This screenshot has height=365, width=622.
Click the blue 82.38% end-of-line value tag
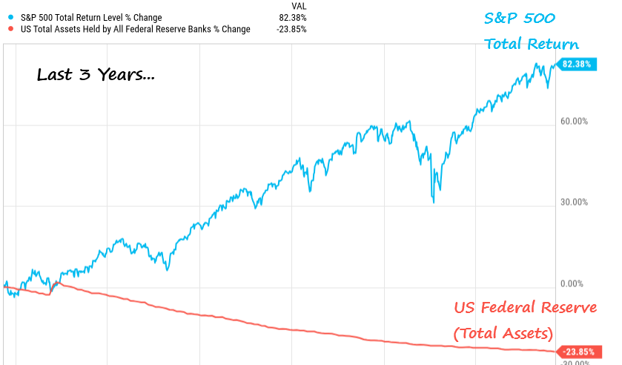[x=576, y=65]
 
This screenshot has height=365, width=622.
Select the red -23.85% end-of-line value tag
[x=576, y=352]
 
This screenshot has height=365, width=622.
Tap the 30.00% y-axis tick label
[x=575, y=202]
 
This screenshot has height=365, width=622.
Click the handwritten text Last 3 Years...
[x=96, y=76]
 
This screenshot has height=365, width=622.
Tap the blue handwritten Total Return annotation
[x=532, y=45]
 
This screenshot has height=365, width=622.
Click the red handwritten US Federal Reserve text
[x=525, y=307]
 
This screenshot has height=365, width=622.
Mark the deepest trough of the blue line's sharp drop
[x=434, y=202]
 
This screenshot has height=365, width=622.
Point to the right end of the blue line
[x=555, y=65]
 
